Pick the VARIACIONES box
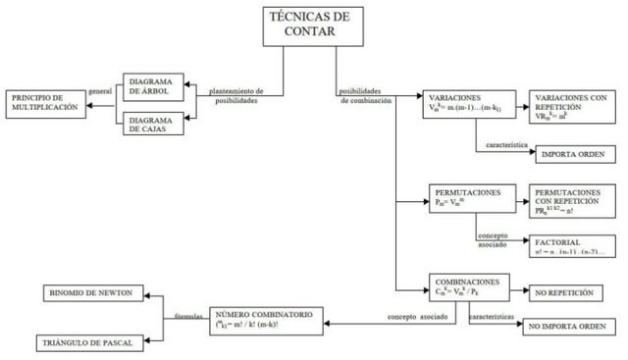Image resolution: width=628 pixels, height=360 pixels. (465, 105)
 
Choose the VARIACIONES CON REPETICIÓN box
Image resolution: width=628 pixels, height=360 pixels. (573, 105)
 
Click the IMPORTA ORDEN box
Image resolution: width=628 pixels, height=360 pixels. (574, 154)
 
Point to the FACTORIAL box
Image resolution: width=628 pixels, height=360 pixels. (573, 246)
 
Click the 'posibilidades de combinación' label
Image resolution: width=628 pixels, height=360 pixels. (365, 96)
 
